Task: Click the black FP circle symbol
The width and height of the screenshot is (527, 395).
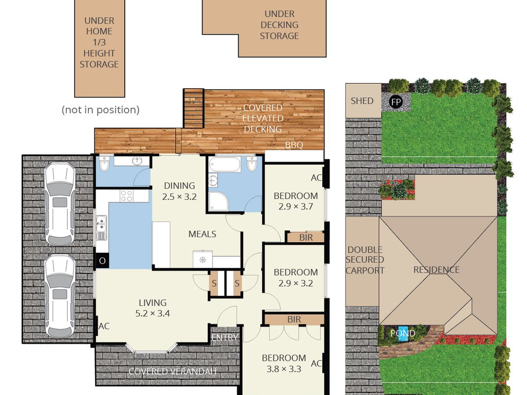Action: click(x=396, y=102)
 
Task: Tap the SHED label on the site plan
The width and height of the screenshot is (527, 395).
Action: click(x=362, y=101)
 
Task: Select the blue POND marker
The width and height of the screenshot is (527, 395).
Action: click(x=403, y=334)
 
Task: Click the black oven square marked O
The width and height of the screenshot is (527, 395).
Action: click(x=102, y=261)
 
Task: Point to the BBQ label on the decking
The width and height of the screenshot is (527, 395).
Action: click(x=294, y=145)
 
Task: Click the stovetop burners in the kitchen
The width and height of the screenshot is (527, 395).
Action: click(x=126, y=195)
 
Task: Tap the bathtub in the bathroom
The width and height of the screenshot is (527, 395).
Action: click(x=224, y=164)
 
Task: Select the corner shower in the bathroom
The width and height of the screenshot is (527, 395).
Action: click(x=218, y=201)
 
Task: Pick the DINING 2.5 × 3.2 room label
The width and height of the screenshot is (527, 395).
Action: click(x=179, y=191)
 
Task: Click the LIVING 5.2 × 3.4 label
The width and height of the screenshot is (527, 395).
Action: click(x=153, y=308)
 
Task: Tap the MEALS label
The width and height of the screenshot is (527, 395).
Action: click(x=202, y=234)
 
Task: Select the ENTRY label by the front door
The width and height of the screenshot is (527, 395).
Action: click(x=224, y=338)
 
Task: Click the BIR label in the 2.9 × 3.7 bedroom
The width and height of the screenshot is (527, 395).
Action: click(x=306, y=237)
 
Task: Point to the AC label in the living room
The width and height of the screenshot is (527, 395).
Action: click(x=104, y=326)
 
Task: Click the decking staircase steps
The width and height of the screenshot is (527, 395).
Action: click(x=194, y=108)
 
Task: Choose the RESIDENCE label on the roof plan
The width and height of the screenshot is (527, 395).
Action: click(x=436, y=270)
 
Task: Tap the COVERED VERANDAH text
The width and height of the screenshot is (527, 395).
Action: click(x=173, y=371)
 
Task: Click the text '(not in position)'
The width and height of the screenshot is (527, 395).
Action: click(x=101, y=110)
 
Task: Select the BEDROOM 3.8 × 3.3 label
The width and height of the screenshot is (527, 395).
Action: click(x=284, y=363)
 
